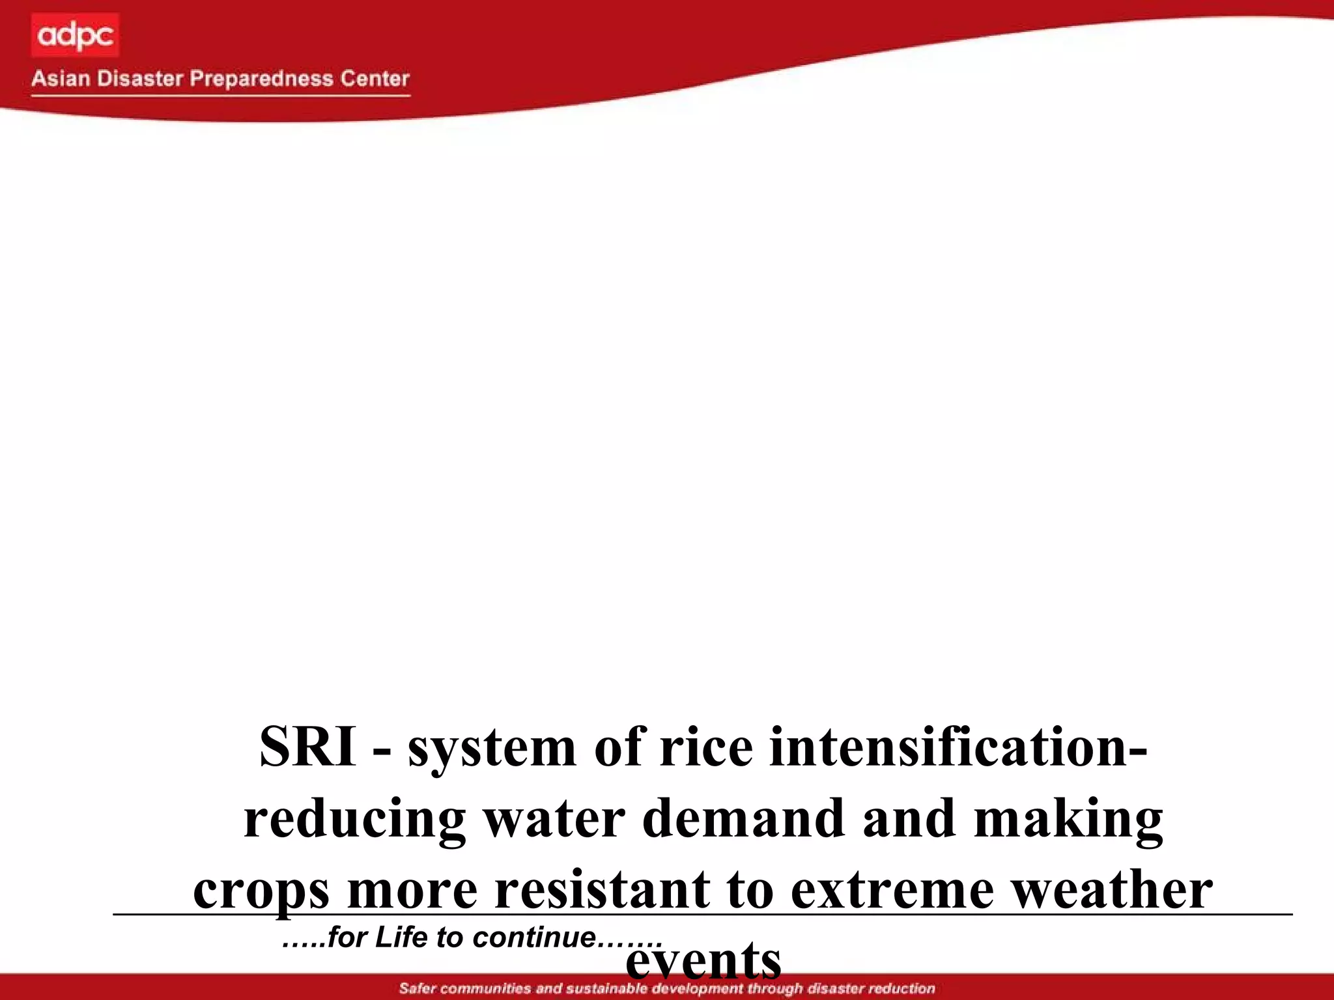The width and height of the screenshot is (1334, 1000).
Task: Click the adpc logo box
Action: [75, 35]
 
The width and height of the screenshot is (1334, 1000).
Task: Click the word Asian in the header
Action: [61, 79]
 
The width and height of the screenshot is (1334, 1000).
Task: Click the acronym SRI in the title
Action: [307, 747]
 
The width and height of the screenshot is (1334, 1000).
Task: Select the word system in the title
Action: [492, 749]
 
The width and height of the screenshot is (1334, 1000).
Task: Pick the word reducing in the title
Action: [354, 820]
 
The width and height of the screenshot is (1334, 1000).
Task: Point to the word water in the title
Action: [554, 818]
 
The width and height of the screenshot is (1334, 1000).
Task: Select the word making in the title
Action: [1068, 820]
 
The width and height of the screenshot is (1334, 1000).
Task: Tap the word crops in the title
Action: [261, 891]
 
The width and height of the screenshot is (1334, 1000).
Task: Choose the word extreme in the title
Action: [892, 890]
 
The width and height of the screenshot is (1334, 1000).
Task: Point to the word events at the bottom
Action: [703, 962]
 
